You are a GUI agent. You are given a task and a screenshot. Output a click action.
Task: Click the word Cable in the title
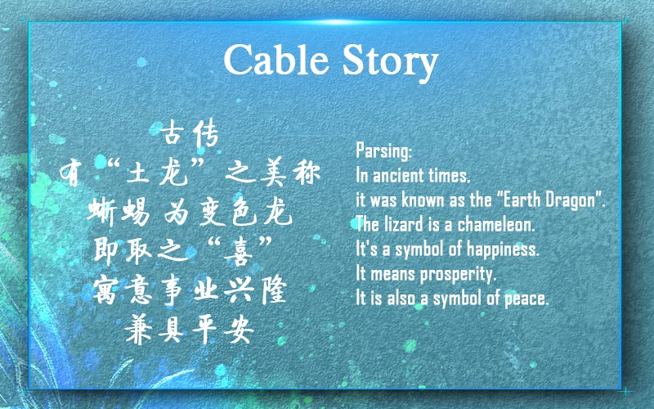(276, 59)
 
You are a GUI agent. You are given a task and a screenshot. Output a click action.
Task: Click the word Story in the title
(391, 63)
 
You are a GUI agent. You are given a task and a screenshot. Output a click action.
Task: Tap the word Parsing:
(383, 151)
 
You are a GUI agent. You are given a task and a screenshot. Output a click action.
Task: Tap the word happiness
(503, 249)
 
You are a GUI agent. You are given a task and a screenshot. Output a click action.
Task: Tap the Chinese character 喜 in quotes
(239, 251)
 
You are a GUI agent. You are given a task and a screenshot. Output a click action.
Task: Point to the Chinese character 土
(138, 172)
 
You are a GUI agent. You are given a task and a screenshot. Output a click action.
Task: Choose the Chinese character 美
(272, 172)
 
